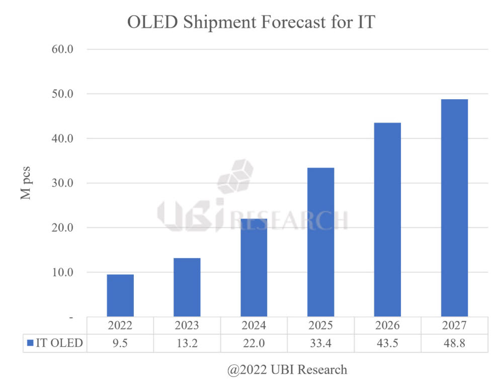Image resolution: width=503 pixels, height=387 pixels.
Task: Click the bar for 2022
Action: [120, 295]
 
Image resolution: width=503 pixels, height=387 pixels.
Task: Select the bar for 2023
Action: [187, 287]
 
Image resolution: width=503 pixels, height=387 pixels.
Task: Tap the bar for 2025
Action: [320, 242]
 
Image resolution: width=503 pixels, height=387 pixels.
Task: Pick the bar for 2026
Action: [387, 219]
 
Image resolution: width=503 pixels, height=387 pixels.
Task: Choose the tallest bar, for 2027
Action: [454, 208]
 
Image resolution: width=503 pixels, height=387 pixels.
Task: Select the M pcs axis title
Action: [26, 183]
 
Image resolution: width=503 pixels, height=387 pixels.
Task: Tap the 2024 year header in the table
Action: [254, 325]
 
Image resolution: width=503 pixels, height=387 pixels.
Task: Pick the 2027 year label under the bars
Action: [454, 325]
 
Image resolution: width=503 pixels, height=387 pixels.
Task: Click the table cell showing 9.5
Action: [120, 343]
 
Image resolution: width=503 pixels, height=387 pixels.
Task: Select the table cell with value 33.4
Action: [320, 343]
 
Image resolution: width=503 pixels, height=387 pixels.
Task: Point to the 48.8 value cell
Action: [454, 343]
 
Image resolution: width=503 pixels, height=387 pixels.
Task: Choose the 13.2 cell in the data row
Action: [187, 343]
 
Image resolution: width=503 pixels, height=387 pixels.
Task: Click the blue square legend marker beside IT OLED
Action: [30, 343]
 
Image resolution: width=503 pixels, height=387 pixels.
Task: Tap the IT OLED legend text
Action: [59, 343]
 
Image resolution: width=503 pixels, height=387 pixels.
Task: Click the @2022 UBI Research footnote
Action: [287, 370]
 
